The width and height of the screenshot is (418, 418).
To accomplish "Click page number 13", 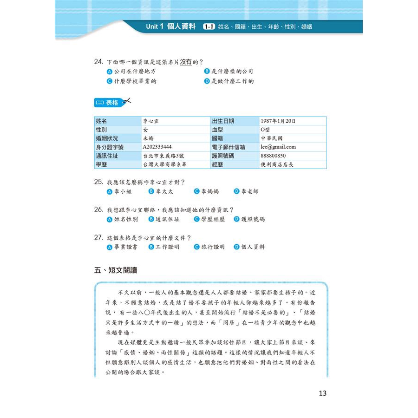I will point(323,393).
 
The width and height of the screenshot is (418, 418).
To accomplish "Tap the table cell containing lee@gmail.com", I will point(278,147).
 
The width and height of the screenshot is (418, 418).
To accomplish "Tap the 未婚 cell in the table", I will point(149,138).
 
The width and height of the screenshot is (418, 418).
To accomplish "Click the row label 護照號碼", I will point(224,156).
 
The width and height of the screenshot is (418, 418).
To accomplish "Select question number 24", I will point(98,61).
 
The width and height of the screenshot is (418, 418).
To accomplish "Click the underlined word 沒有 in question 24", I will point(186,61).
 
